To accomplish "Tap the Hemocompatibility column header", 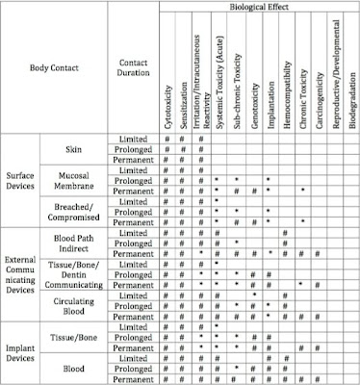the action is click(x=286, y=87).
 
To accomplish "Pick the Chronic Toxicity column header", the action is click(x=303, y=92).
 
